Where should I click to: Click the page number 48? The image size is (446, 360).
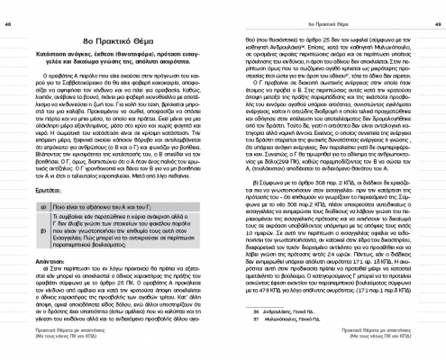(x=9, y=6)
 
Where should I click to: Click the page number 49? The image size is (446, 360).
(x=436, y=6)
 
